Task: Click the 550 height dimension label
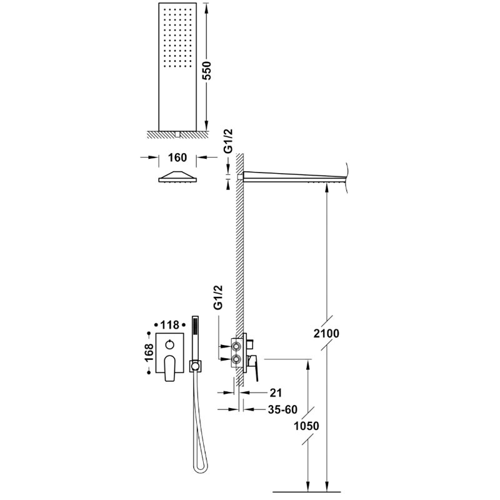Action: click(207, 71)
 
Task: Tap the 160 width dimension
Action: click(177, 157)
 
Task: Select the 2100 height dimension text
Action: click(326, 334)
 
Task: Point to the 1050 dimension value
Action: click(306, 426)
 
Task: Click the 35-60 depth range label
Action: click(282, 409)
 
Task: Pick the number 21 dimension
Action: click(276, 393)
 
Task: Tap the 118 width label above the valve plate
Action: click(169, 325)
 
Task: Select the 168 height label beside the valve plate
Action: click(149, 352)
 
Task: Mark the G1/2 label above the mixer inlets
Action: click(218, 297)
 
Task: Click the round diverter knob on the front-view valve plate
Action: click(169, 344)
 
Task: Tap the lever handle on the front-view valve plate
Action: click(169, 368)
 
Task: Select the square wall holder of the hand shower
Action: click(196, 366)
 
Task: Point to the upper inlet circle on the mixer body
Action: click(237, 346)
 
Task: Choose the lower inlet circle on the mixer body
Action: click(237, 359)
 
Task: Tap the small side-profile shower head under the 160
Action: click(177, 177)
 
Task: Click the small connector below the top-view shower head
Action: click(177, 134)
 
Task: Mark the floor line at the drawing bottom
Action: click(307, 492)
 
